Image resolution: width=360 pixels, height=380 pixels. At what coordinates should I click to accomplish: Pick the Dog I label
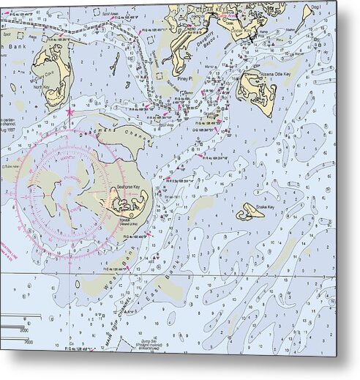(x=316, y=8)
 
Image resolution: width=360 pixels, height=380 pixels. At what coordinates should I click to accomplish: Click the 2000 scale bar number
(x=28, y=340)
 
